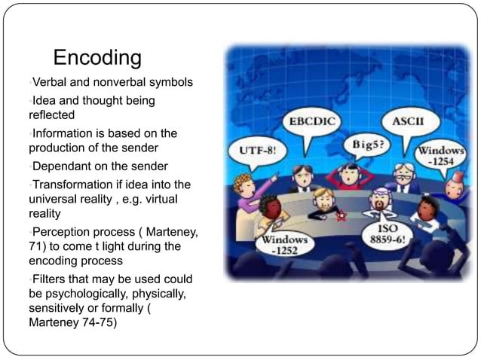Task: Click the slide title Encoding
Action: pyautogui.click(x=97, y=58)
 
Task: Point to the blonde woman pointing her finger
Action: pyautogui.click(x=247, y=189)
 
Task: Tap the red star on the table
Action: pyautogui.click(x=341, y=216)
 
